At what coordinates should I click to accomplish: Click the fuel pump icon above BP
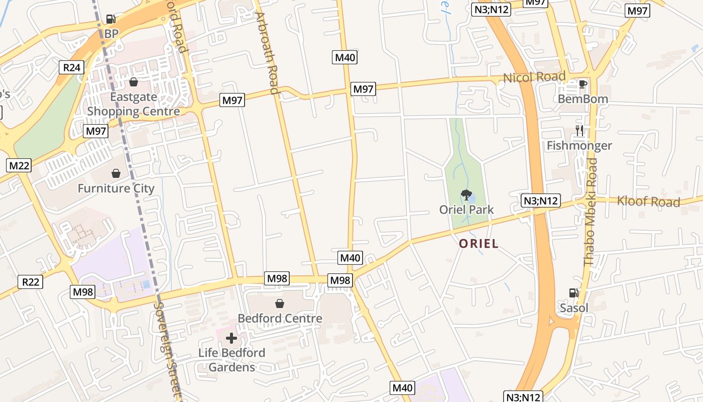pyautogui.click(x=111, y=20)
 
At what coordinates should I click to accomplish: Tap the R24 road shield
pyautogui.click(x=71, y=67)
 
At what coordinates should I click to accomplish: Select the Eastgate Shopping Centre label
pyautogui.click(x=134, y=104)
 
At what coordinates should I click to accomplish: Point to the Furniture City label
pyautogui.click(x=116, y=188)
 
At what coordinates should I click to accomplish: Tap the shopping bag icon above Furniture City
pyautogui.click(x=116, y=173)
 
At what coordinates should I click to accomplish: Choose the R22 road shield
pyautogui.click(x=31, y=281)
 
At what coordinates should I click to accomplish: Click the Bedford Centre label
pyautogui.click(x=280, y=318)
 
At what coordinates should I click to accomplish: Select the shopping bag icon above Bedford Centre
pyautogui.click(x=280, y=304)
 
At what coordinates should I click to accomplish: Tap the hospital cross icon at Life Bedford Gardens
pyautogui.click(x=231, y=338)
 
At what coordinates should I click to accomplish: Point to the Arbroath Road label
pyautogui.click(x=267, y=53)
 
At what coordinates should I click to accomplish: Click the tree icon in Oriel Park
pyautogui.click(x=466, y=194)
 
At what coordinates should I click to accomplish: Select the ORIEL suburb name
pyautogui.click(x=479, y=244)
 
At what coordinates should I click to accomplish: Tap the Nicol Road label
pyautogui.click(x=534, y=77)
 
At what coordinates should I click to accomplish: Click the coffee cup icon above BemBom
pyautogui.click(x=582, y=84)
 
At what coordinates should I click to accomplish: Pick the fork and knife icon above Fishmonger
pyautogui.click(x=579, y=131)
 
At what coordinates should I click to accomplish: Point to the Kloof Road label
pyautogui.click(x=648, y=202)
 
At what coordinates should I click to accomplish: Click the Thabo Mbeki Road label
pyautogui.click(x=591, y=212)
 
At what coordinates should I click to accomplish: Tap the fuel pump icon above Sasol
pyautogui.click(x=573, y=293)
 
